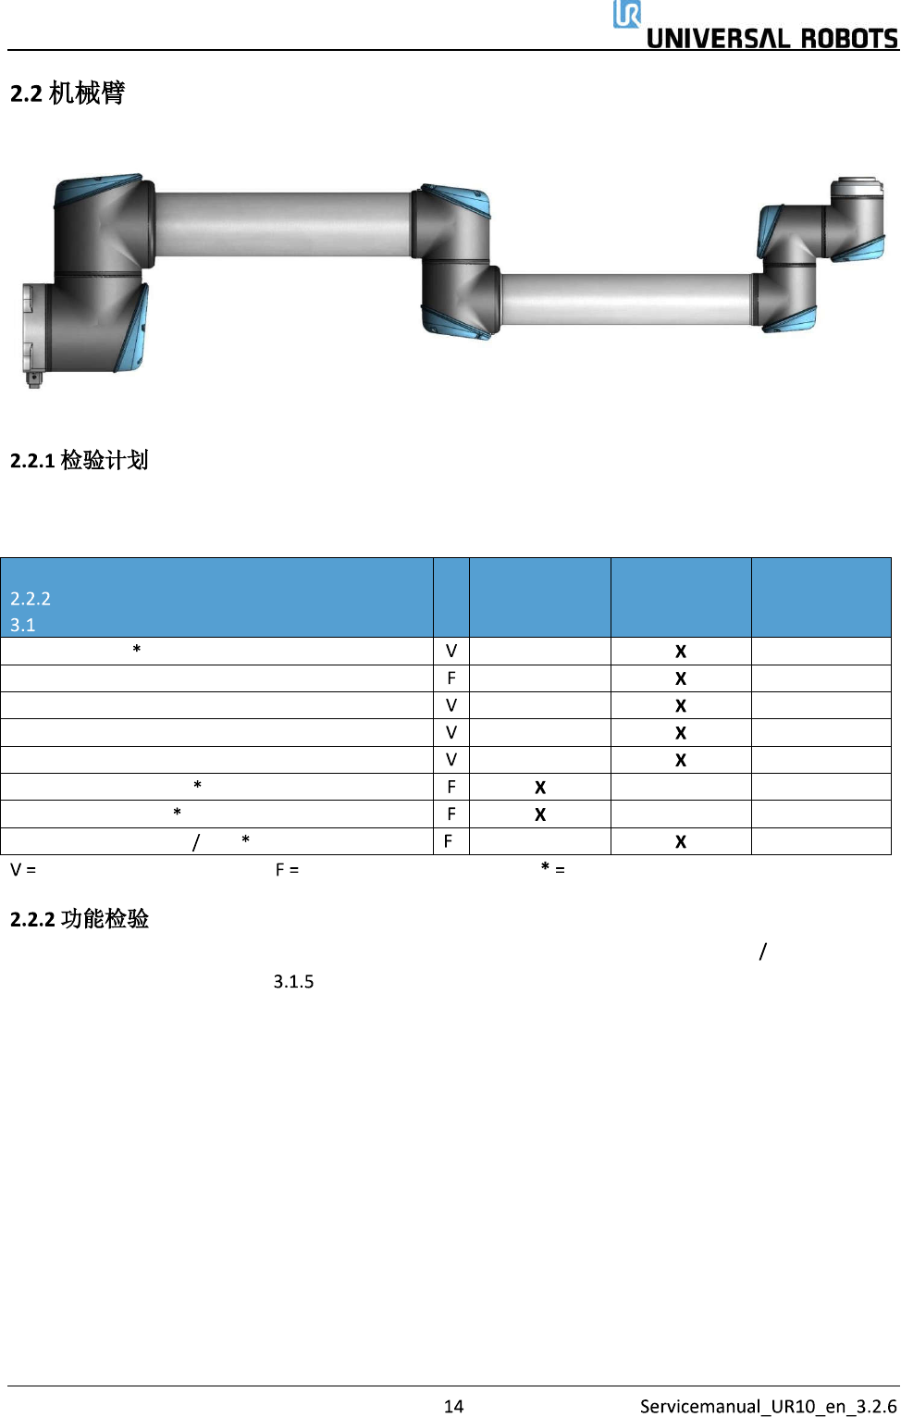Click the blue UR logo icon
[x=626, y=14]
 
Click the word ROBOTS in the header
[x=849, y=39]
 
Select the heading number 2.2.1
[x=32, y=461]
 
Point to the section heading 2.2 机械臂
[x=67, y=93]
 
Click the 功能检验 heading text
[x=105, y=918]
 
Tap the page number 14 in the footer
[x=453, y=1406]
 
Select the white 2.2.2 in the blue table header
[x=31, y=599]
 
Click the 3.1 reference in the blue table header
[x=22, y=625]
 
